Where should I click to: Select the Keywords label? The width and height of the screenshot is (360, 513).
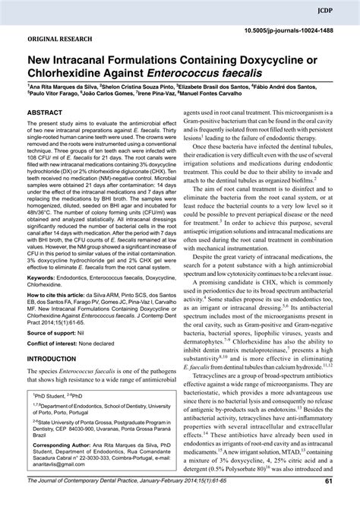pyautogui.click(x=44, y=280)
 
